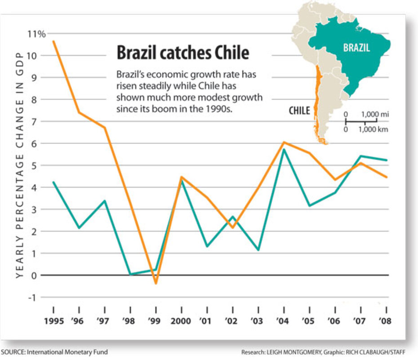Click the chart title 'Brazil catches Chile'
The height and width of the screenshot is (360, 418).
pyautogui.click(x=182, y=53)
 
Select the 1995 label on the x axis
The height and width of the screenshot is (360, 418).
pyautogui.click(x=53, y=323)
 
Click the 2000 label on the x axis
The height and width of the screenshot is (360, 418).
pyautogui.click(x=181, y=323)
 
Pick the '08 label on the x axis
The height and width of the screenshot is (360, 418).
pyautogui.click(x=386, y=323)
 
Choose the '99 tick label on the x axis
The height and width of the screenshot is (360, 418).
pyautogui.click(x=156, y=323)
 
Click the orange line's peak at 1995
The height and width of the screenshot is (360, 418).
pyautogui.click(x=53, y=41)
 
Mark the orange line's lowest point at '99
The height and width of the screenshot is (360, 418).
pyautogui.click(x=156, y=283)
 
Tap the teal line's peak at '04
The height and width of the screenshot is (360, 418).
pyautogui.click(x=284, y=149)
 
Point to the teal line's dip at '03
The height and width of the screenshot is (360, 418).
pyautogui.click(x=258, y=250)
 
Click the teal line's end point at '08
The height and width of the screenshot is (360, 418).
pyautogui.click(x=387, y=160)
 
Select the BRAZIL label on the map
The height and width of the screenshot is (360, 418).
pyautogui.click(x=356, y=48)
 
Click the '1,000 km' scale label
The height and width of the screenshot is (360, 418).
pyautogui.click(x=374, y=130)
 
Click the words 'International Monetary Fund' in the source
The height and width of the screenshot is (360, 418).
pyautogui.click(x=67, y=351)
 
